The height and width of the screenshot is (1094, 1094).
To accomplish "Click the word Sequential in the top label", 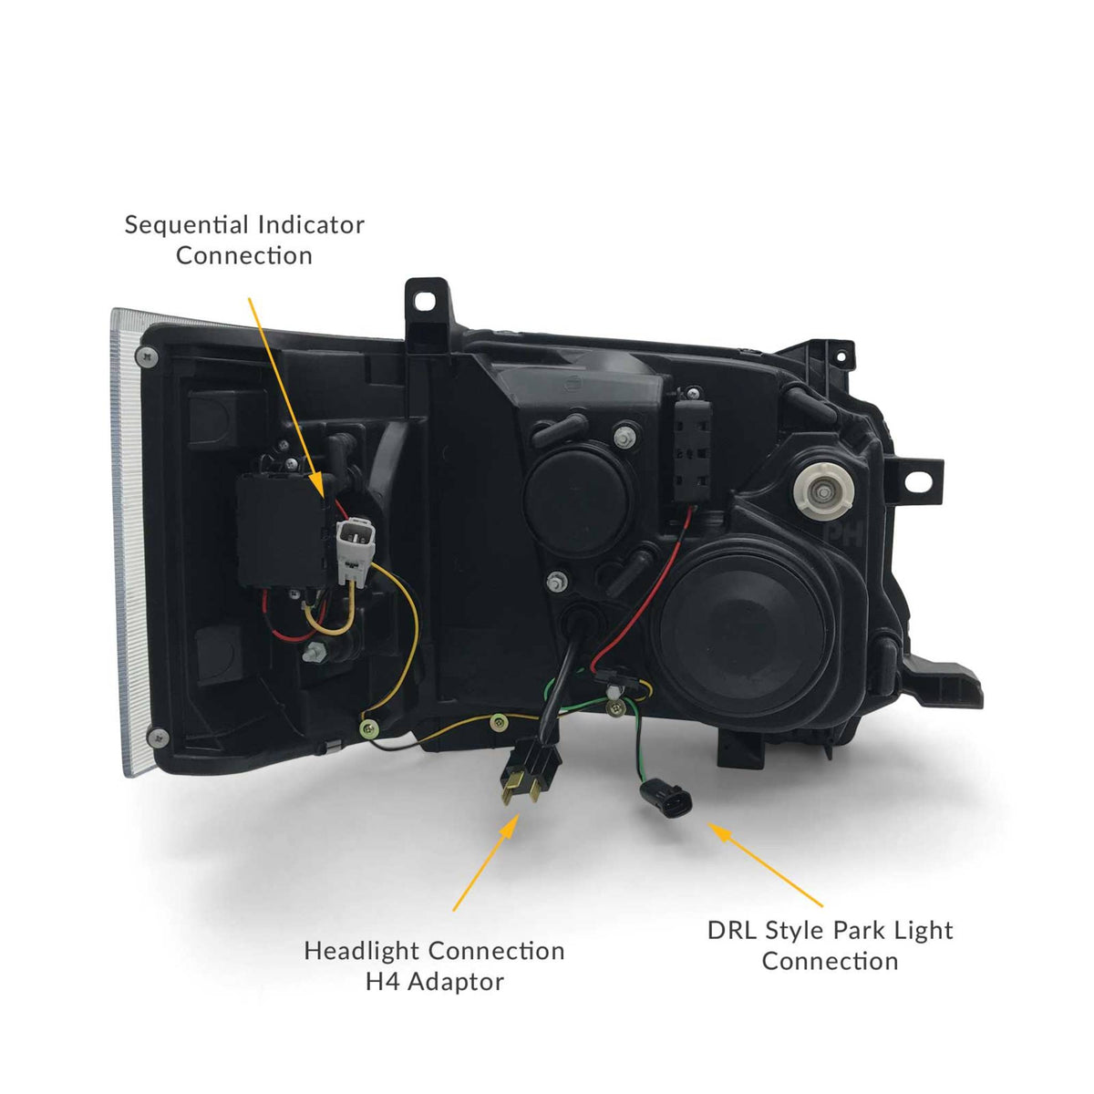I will tap(187, 225).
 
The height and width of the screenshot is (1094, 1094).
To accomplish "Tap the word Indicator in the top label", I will tap(312, 225).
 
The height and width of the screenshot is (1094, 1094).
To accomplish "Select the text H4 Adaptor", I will tap(434, 982).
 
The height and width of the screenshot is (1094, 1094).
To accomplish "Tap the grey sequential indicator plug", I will tap(351, 550).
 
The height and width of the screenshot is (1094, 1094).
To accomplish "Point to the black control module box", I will tap(279, 530).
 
